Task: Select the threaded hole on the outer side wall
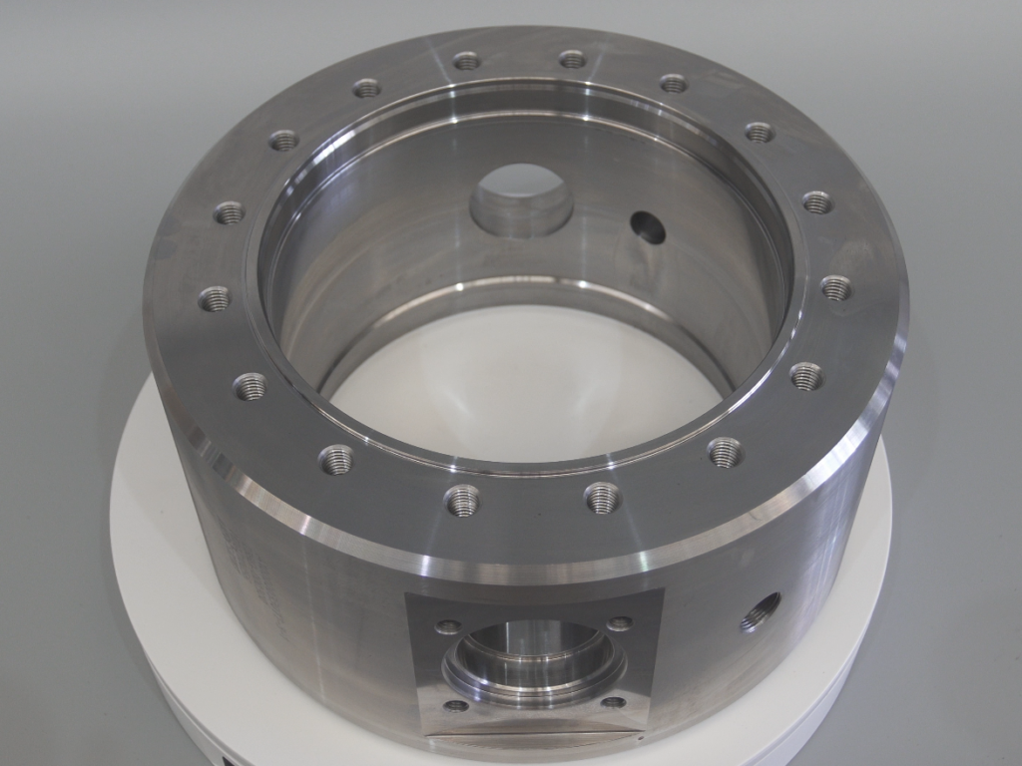[760, 610]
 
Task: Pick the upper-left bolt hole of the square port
[448, 627]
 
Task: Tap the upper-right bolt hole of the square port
[620, 624]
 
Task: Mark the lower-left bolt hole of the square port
[456, 706]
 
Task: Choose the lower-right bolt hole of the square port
[614, 702]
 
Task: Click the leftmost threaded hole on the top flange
[215, 298]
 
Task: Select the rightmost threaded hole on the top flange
[836, 288]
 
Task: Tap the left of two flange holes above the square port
[462, 499]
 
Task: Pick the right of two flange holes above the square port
[602, 497]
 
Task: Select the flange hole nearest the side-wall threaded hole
[726, 452]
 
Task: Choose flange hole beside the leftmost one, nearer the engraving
[250, 386]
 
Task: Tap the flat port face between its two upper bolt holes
[534, 614]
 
